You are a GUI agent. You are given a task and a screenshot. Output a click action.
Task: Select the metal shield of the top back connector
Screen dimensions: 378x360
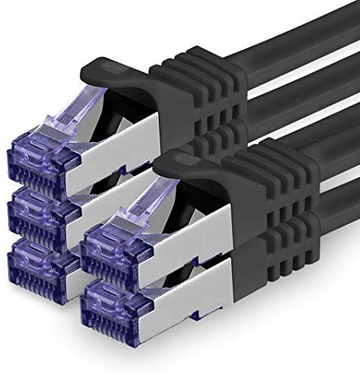click(121, 163)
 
